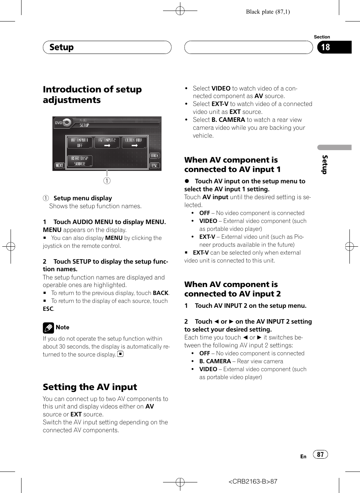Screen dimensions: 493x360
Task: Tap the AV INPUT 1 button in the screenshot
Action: [x=80, y=143]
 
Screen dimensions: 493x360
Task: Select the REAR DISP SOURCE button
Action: [x=80, y=161]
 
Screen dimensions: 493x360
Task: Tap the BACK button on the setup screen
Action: [x=155, y=156]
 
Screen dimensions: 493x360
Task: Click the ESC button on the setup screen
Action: [x=155, y=166]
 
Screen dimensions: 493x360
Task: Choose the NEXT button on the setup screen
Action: [x=59, y=166]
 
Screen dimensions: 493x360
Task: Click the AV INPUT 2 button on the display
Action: [x=107, y=143]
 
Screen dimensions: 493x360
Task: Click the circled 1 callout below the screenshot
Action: [x=107, y=181]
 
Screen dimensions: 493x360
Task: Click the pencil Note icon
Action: [x=48, y=328]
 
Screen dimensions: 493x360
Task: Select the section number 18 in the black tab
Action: [x=326, y=47]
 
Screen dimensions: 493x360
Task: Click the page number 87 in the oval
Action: [x=320, y=455]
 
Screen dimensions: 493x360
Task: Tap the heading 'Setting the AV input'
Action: [x=90, y=387]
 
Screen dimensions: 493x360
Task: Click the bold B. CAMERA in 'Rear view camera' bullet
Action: [x=215, y=361]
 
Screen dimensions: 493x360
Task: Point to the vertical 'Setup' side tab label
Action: [x=325, y=164]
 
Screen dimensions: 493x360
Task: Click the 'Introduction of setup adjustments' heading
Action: [x=92, y=95]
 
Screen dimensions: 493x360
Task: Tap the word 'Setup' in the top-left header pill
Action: [x=62, y=47]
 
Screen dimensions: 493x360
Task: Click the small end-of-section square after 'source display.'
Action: [x=120, y=354]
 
